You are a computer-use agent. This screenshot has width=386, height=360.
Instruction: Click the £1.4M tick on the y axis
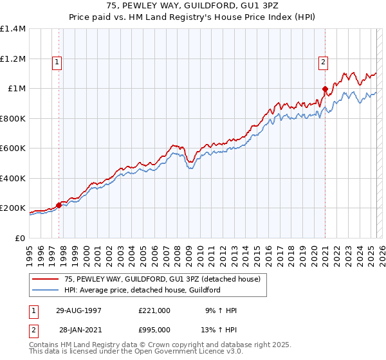(13, 29)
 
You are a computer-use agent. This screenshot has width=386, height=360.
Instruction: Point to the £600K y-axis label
(13, 148)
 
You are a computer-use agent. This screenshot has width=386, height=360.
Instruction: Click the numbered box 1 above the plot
(57, 62)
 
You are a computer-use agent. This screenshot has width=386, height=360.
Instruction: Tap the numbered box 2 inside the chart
(322, 62)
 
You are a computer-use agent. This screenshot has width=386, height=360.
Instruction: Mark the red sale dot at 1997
(59, 205)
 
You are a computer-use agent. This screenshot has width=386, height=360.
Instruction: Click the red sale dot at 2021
(325, 89)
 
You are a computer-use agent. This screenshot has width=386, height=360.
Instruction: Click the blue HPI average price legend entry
(142, 290)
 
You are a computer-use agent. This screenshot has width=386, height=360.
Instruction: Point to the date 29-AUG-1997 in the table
(78, 310)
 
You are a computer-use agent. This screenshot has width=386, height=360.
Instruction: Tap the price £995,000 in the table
(154, 330)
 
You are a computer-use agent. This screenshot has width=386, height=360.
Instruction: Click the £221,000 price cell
(154, 310)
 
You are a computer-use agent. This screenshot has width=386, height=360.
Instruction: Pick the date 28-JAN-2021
(78, 330)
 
